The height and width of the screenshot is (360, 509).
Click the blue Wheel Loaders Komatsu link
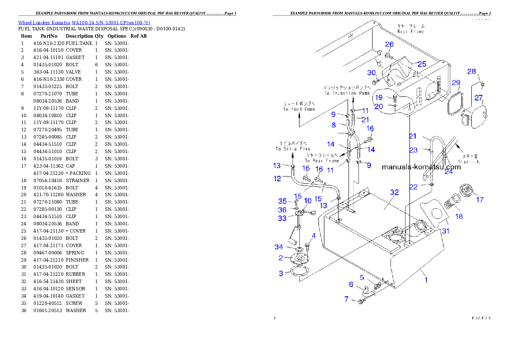[84, 22]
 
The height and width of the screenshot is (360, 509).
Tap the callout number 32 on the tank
[394, 192]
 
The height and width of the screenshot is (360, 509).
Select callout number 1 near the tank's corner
[426, 280]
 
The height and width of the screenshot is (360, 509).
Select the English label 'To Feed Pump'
[299, 109]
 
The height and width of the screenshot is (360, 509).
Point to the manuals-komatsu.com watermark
[421, 167]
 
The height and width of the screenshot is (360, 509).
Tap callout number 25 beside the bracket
[422, 64]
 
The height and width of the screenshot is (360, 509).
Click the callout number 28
[471, 71]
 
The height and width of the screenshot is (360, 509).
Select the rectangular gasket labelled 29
[454, 104]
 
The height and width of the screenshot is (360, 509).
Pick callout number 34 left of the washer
[279, 247]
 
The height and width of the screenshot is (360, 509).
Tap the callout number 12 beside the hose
[278, 179]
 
